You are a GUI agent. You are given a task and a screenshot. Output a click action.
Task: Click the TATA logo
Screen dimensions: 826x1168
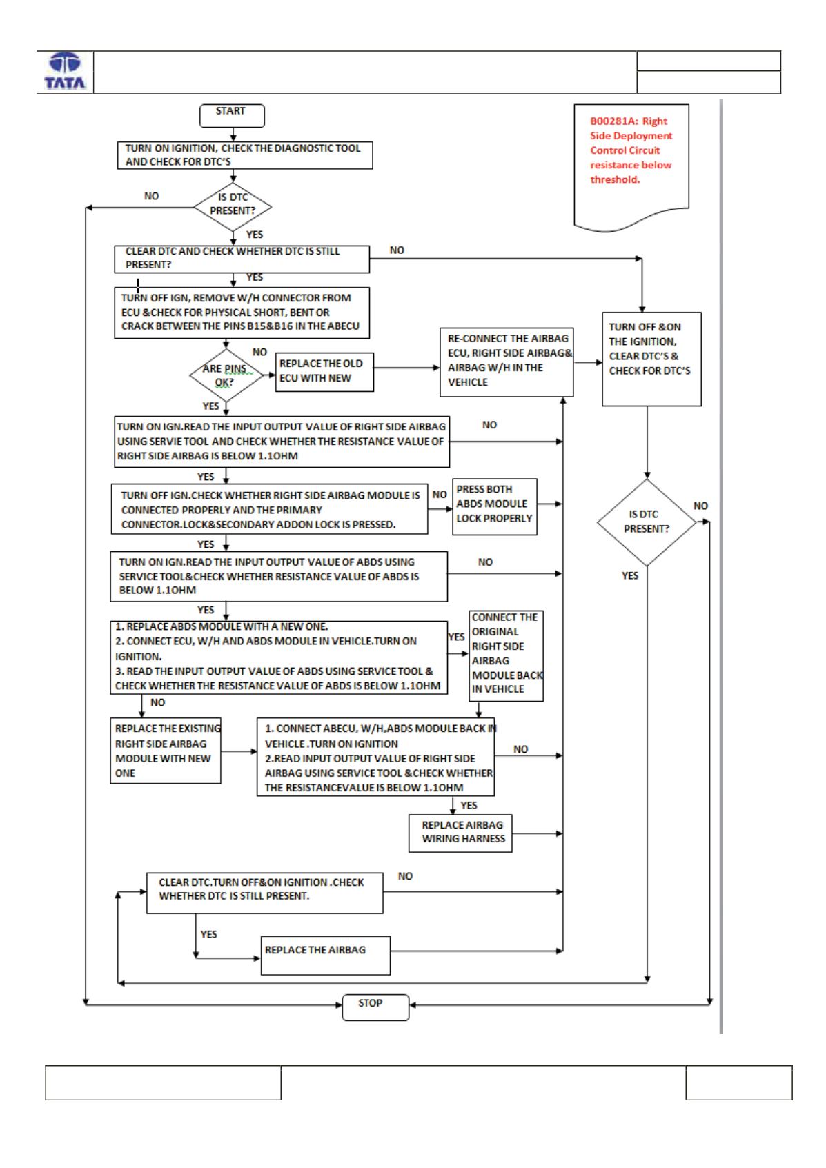click(x=65, y=70)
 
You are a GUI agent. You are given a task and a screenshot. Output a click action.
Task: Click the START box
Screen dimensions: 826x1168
click(x=232, y=115)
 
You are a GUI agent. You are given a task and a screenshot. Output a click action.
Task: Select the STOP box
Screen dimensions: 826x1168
click(x=375, y=1007)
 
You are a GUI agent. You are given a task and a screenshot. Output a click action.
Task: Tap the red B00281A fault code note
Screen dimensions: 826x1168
click(x=631, y=167)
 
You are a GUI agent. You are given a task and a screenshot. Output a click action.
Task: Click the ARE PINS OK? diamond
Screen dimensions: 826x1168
click(x=226, y=375)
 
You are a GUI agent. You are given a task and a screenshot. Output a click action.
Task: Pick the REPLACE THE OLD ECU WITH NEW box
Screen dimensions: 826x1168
click(x=324, y=372)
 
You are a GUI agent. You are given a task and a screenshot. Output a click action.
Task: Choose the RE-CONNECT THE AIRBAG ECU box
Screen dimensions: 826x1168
click(x=507, y=362)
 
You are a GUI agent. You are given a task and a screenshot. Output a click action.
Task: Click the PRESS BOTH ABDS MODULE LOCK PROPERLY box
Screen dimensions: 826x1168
click(x=494, y=506)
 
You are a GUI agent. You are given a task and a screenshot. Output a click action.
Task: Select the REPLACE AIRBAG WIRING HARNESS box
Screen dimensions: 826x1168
click(x=460, y=833)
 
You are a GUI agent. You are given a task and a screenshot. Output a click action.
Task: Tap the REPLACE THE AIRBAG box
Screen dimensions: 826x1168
click(x=326, y=956)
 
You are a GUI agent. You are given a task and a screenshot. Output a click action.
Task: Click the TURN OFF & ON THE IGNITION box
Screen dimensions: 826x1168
click(x=651, y=359)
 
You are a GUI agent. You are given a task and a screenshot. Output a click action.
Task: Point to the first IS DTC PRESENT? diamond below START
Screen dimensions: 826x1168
click(x=233, y=207)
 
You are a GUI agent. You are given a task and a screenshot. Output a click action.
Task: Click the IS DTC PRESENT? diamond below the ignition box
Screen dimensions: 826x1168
click(x=647, y=522)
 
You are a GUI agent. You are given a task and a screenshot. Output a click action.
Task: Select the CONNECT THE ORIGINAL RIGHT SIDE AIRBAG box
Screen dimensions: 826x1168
click(x=506, y=655)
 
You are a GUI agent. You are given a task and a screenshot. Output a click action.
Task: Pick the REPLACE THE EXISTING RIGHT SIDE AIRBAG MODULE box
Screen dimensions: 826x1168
click(x=166, y=751)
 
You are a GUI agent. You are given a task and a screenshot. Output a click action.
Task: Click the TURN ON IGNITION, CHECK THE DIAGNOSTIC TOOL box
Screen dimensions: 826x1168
click(x=245, y=155)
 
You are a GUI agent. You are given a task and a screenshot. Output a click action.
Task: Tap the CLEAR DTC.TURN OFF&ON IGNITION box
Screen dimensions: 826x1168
click(x=264, y=893)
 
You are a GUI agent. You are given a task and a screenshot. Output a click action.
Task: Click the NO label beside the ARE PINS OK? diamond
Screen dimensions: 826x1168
click(x=259, y=353)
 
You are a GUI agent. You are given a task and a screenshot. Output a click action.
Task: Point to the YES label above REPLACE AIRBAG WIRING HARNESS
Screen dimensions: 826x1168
click(x=469, y=806)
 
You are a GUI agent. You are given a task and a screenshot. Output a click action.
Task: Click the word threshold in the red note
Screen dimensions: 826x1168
click(x=614, y=179)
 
